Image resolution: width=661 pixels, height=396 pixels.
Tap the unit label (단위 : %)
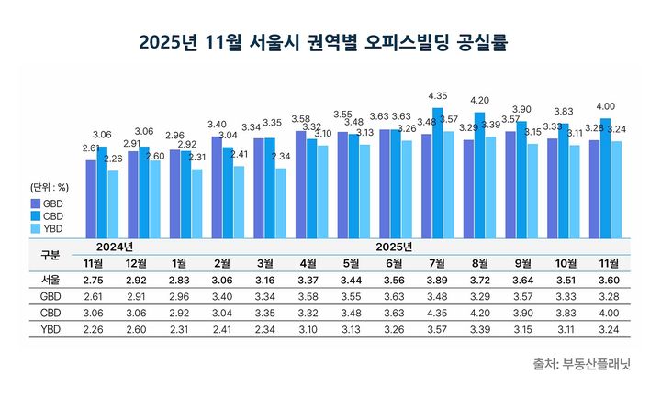(50, 188)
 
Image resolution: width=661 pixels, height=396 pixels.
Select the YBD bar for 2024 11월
(113, 203)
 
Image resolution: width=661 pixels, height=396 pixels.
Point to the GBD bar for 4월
(301, 183)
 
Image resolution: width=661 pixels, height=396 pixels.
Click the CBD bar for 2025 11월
(605, 178)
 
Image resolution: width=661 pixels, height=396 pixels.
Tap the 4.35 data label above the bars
(438, 96)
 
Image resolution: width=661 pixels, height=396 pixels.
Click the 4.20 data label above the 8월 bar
(479, 100)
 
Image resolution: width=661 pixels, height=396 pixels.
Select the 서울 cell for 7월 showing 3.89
(438, 280)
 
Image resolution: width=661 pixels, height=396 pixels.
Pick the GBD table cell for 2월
(220, 297)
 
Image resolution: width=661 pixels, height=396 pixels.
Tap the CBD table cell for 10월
(563, 313)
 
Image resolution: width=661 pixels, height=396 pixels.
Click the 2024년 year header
(114, 247)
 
